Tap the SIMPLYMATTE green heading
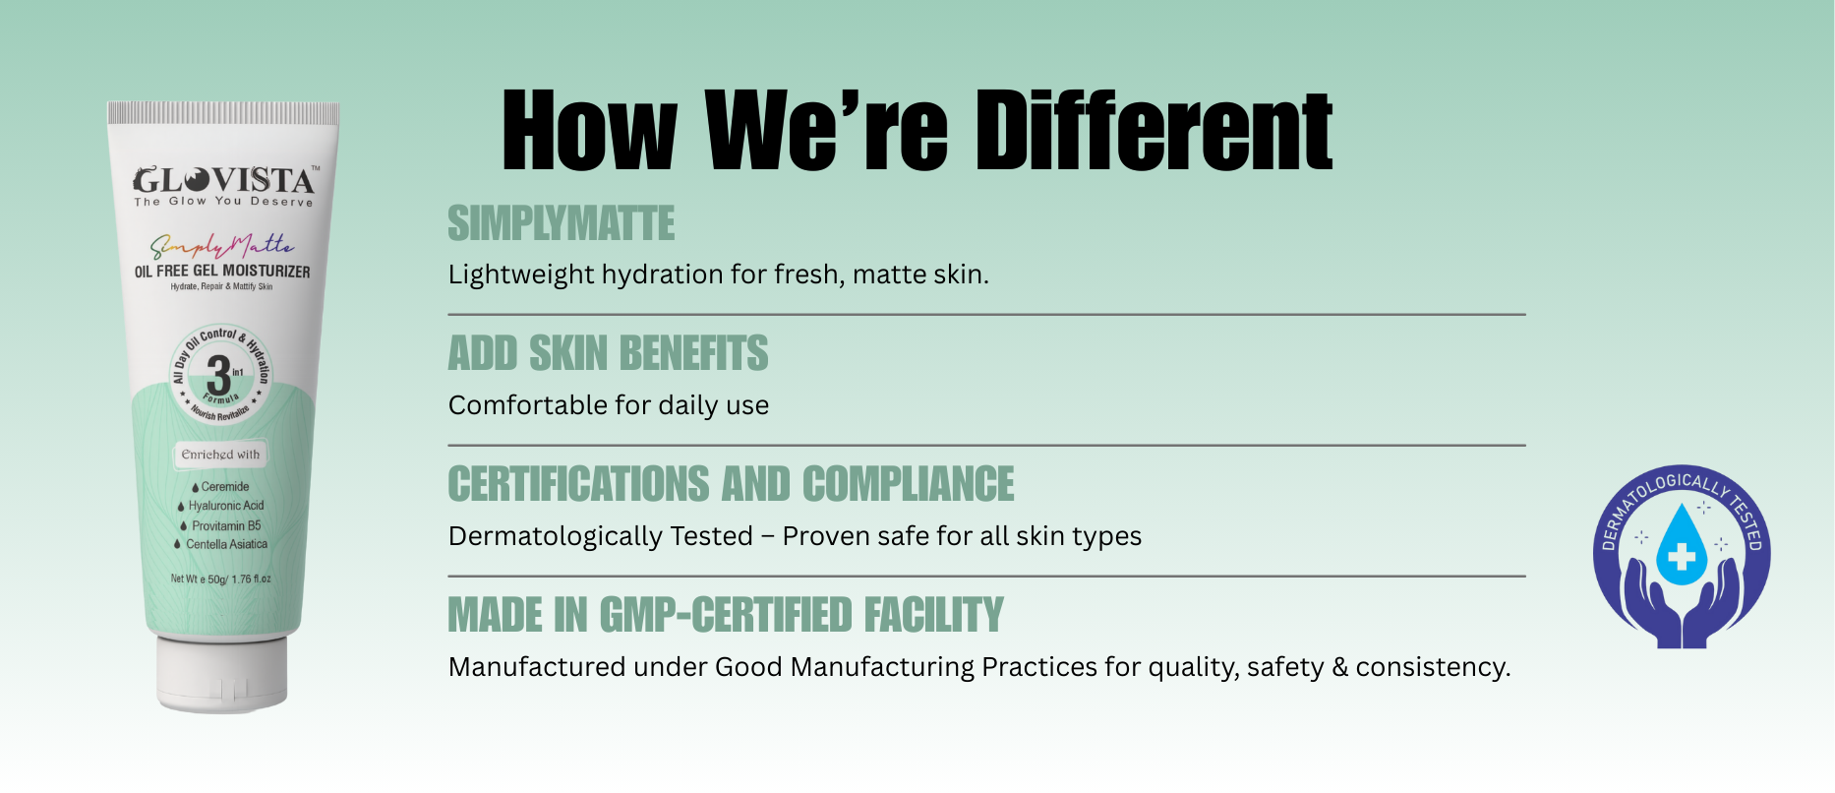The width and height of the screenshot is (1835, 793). click(x=562, y=223)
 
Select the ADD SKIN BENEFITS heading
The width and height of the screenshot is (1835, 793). click(x=608, y=353)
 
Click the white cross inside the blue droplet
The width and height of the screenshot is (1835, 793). click(x=1682, y=557)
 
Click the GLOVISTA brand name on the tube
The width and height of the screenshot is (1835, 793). click(x=224, y=180)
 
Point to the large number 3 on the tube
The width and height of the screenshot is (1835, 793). click(x=217, y=375)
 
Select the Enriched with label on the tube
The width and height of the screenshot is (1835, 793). click(x=220, y=455)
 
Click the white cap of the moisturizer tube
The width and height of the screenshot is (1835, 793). click(x=222, y=672)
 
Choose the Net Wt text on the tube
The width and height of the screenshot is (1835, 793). click(x=220, y=579)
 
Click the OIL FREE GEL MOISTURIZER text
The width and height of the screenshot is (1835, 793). click(x=222, y=271)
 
